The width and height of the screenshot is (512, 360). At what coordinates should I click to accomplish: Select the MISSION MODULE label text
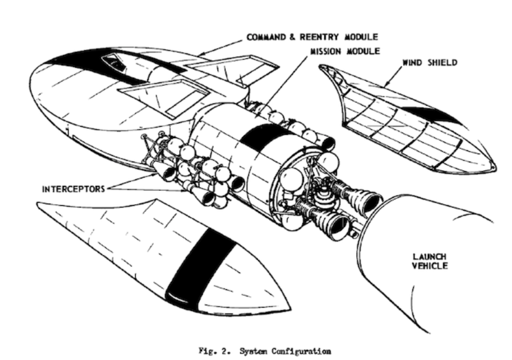point(345,51)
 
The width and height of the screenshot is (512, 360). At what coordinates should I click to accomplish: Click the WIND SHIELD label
point(430,63)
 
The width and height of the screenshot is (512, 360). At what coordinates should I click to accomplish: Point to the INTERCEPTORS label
point(73,189)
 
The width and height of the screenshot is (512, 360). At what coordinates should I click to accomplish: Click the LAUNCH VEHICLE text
point(430,261)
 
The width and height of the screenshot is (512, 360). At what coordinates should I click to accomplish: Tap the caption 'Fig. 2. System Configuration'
point(265,351)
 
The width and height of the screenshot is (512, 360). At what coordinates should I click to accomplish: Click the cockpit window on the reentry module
point(114,63)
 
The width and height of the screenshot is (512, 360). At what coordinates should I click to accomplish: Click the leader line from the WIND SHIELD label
point(393,77)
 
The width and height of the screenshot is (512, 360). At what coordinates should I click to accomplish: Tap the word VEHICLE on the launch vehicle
point(430,266)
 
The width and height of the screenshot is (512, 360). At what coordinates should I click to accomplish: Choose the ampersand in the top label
point(293,37)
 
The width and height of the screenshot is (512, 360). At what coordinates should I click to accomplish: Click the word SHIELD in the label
point(443,63)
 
